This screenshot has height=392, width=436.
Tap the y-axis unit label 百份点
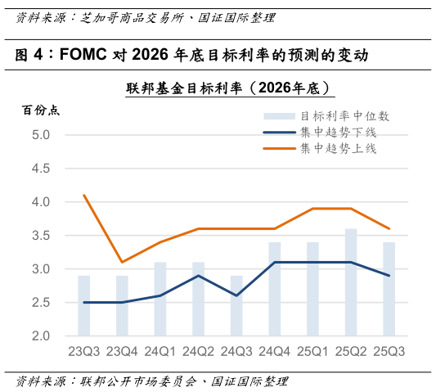(40, 110)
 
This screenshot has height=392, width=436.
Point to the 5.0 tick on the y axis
(41, 135)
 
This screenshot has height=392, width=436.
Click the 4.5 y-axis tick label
(41, 169)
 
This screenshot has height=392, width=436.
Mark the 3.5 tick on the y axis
(41, 236)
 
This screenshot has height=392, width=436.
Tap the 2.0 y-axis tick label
(41, 336)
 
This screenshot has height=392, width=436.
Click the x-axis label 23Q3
(83, 351)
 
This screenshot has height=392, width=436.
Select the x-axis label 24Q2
(198, 351)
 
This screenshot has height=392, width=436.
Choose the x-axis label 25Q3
(389, 351)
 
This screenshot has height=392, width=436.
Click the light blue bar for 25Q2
(351, 282)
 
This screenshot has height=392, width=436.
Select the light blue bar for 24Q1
(160, 300)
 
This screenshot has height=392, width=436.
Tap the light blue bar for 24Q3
(236, 306)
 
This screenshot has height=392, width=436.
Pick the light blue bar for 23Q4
(122, 306)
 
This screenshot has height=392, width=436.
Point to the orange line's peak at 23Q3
(83, 196)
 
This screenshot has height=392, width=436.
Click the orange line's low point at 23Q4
(122, 262)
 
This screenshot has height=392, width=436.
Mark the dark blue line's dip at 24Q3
(236, 295)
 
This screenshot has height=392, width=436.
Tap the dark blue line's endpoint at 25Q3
(389, 276)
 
